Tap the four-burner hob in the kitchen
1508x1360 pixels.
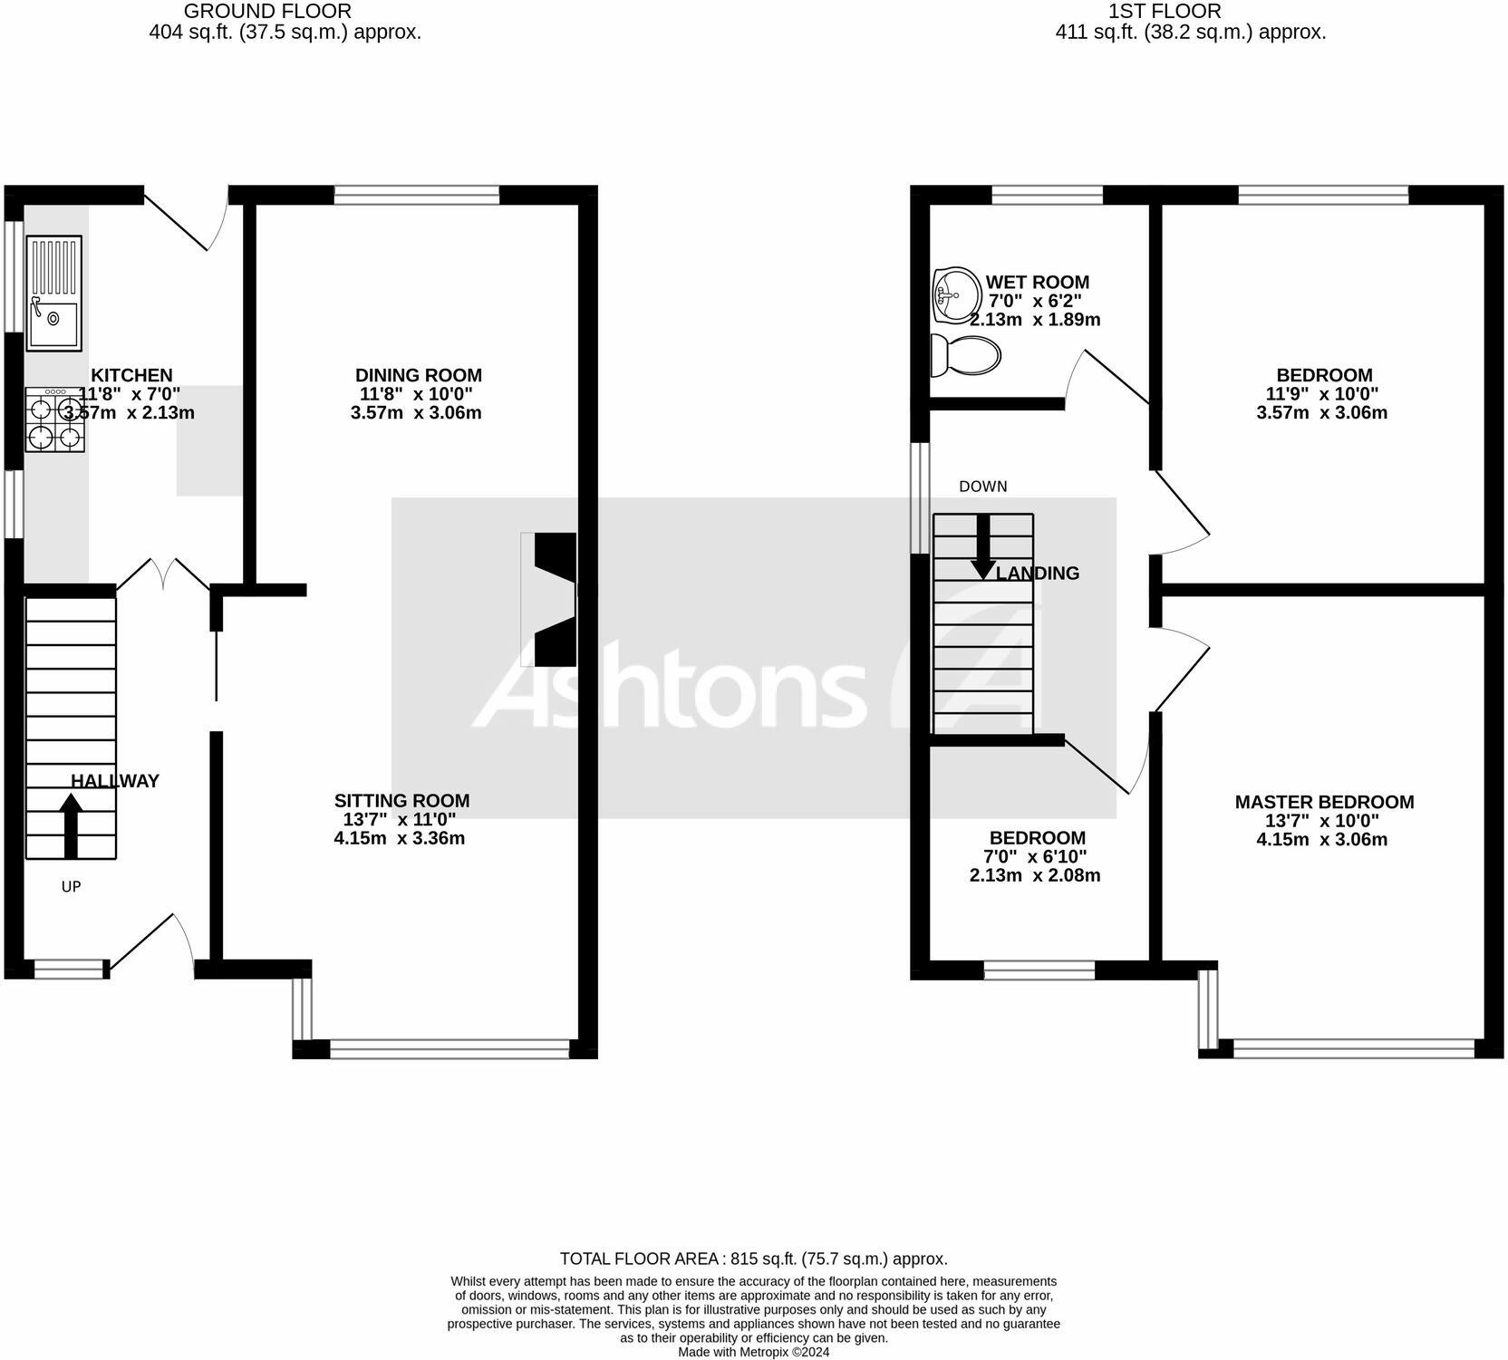coord(54,420)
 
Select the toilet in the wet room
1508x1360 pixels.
coord(966,354)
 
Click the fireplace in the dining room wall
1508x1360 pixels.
coord(554,600)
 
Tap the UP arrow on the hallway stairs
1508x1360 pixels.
coord(71,825)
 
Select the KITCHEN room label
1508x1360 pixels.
coord(131,375)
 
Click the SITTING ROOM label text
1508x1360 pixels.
coord(401,800)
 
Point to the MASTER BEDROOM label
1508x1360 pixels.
coord(1323,802)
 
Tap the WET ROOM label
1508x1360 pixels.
coord(1037,282)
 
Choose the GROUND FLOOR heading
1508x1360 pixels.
coord(267,12)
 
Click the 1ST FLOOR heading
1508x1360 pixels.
coord(1165,12)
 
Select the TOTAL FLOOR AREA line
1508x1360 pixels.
coord(753,1259)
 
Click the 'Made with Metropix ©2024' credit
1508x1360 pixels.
coord(753,1352)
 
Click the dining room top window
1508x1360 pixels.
coord(417,195)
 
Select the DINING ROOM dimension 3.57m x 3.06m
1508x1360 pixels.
coord(416,413)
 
